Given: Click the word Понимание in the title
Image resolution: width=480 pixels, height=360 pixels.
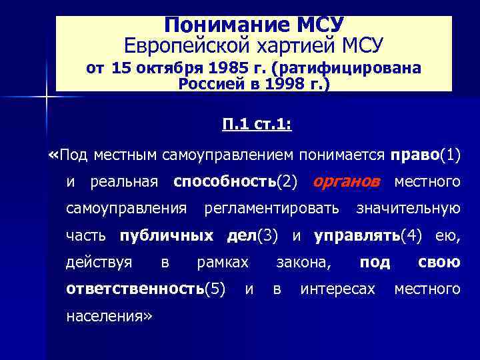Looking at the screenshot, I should [x=212, y=25].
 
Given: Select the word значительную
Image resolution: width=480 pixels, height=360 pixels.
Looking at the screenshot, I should [x=408, y=209].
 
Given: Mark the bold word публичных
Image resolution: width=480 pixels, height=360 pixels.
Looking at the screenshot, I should [x=167, y=235].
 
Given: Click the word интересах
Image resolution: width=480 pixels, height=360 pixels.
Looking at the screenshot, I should [x=338, y=289].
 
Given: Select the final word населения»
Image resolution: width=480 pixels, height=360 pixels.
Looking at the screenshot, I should [x=110, y=316].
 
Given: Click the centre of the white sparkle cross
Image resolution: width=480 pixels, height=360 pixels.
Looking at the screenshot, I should [x=47, y=97].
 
